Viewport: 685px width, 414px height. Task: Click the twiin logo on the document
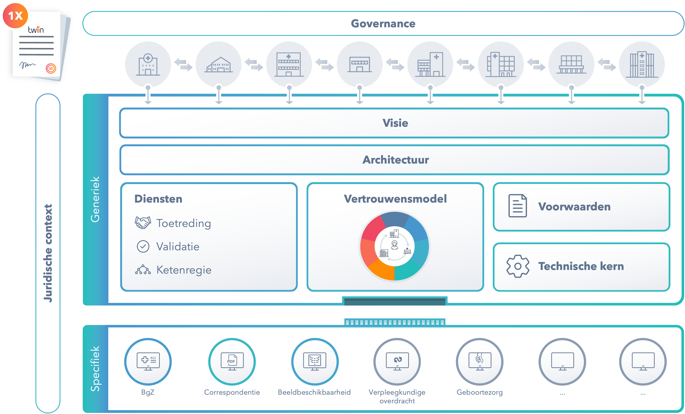[36, 30]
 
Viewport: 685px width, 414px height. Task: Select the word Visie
[395, 123]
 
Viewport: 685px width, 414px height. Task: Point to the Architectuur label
[395, 160]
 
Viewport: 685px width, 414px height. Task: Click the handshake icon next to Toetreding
[143, 223]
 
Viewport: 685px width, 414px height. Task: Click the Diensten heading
[158, 199]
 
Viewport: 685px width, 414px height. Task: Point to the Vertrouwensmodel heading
[395, 199]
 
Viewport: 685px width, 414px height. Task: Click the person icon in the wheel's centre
[395, 245]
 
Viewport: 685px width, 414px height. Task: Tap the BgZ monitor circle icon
[148, 361]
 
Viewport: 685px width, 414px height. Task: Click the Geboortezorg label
[480, 392]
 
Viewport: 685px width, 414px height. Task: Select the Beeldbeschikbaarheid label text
[314, 392]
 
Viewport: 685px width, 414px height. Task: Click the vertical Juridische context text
[48, 253]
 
